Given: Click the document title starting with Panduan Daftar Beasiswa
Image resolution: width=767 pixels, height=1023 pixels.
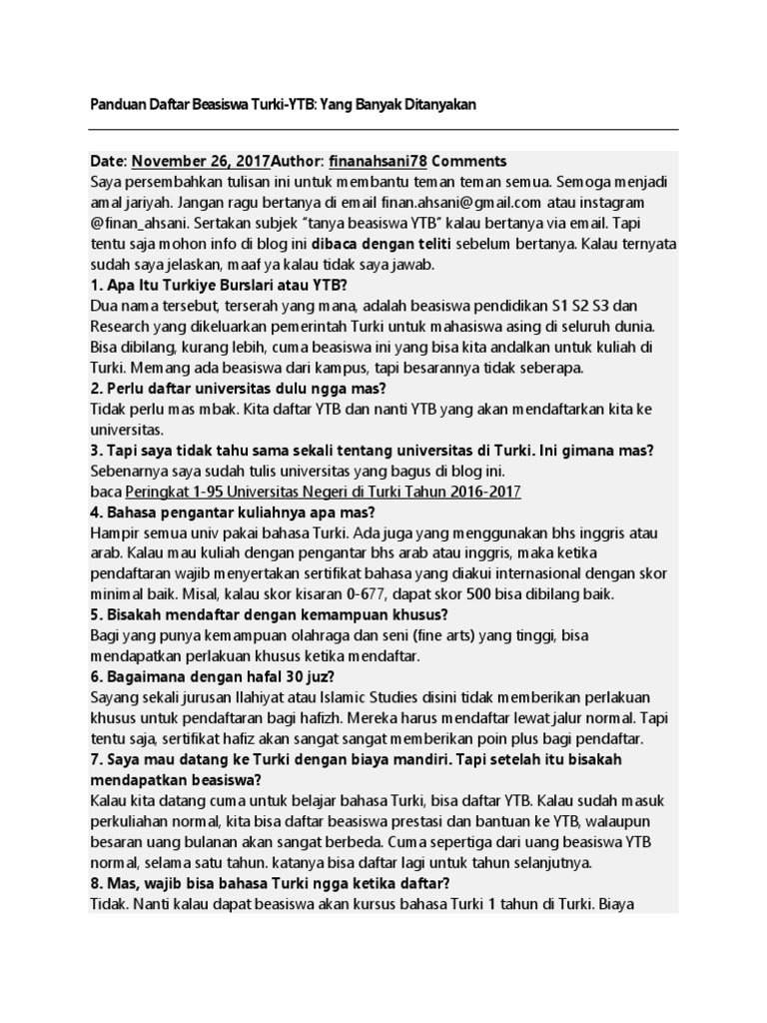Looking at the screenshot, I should tap(283, 104).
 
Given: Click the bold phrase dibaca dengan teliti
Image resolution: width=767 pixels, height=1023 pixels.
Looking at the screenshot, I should tap(383, 245).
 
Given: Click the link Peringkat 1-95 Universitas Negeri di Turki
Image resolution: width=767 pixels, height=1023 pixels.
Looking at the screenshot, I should tap(323, 493).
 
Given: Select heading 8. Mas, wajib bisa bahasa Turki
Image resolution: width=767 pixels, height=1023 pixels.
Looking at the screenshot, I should tap(270, 883).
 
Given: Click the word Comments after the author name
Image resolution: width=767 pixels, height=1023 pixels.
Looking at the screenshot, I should tap(469, 161).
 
